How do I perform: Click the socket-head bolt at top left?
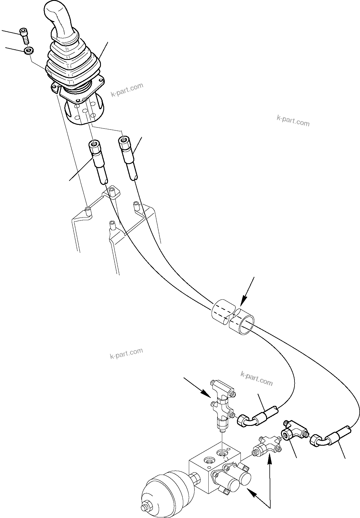(x=24, y=35)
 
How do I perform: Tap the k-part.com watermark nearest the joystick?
(x=127, y=90)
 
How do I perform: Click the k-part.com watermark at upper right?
(x=293, y=121)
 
